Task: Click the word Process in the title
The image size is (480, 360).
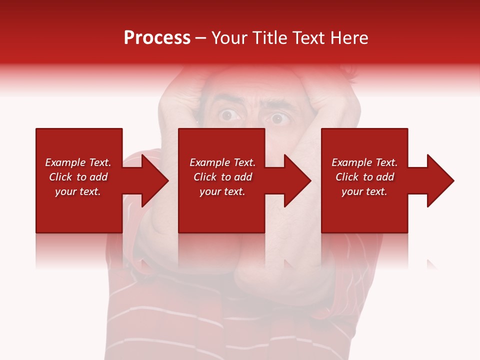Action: (157, 38)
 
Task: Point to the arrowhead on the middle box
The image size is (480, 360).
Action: (292, 180)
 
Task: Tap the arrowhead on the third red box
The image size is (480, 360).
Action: (434, 180)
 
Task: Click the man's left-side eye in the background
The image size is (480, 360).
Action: (228, 115)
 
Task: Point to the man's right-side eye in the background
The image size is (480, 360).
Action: (277, 119)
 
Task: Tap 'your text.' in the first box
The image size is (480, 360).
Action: (78, 191)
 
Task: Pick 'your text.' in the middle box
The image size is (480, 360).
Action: (222, 191)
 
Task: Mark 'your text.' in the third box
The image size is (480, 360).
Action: (364, 191)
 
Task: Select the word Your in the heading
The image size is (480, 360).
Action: (230, 38)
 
